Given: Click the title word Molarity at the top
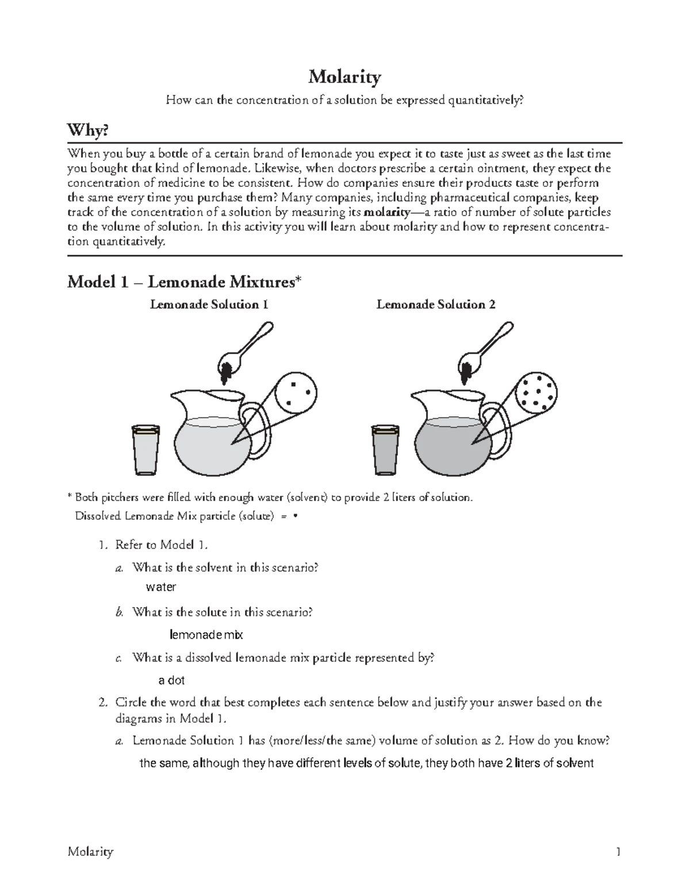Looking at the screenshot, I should pyautogui.click(x=344, y=77).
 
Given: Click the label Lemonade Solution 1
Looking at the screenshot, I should pyautogui.click(x=209, y=305).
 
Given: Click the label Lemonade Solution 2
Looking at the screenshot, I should pyautogui.click(x=436, y=305).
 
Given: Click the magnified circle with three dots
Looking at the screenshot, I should pyautogui.click(x=296, y=392).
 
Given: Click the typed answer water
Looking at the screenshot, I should pyautogui.click(x=161, y=587).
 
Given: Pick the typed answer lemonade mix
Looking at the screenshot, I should pyautogui.click(x=206, y=635).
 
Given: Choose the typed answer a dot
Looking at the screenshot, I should pyautogui.click(x=171, y=680).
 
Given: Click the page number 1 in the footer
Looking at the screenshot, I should pyautogui.click(x=618, y=852).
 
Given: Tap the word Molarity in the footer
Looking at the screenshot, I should pyautogui.click(x=90, y=852).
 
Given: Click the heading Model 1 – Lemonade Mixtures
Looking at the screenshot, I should pyautogui.click(x=184, y=282).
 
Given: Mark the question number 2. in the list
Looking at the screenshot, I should pyautogui.click(x=103, y=703).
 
